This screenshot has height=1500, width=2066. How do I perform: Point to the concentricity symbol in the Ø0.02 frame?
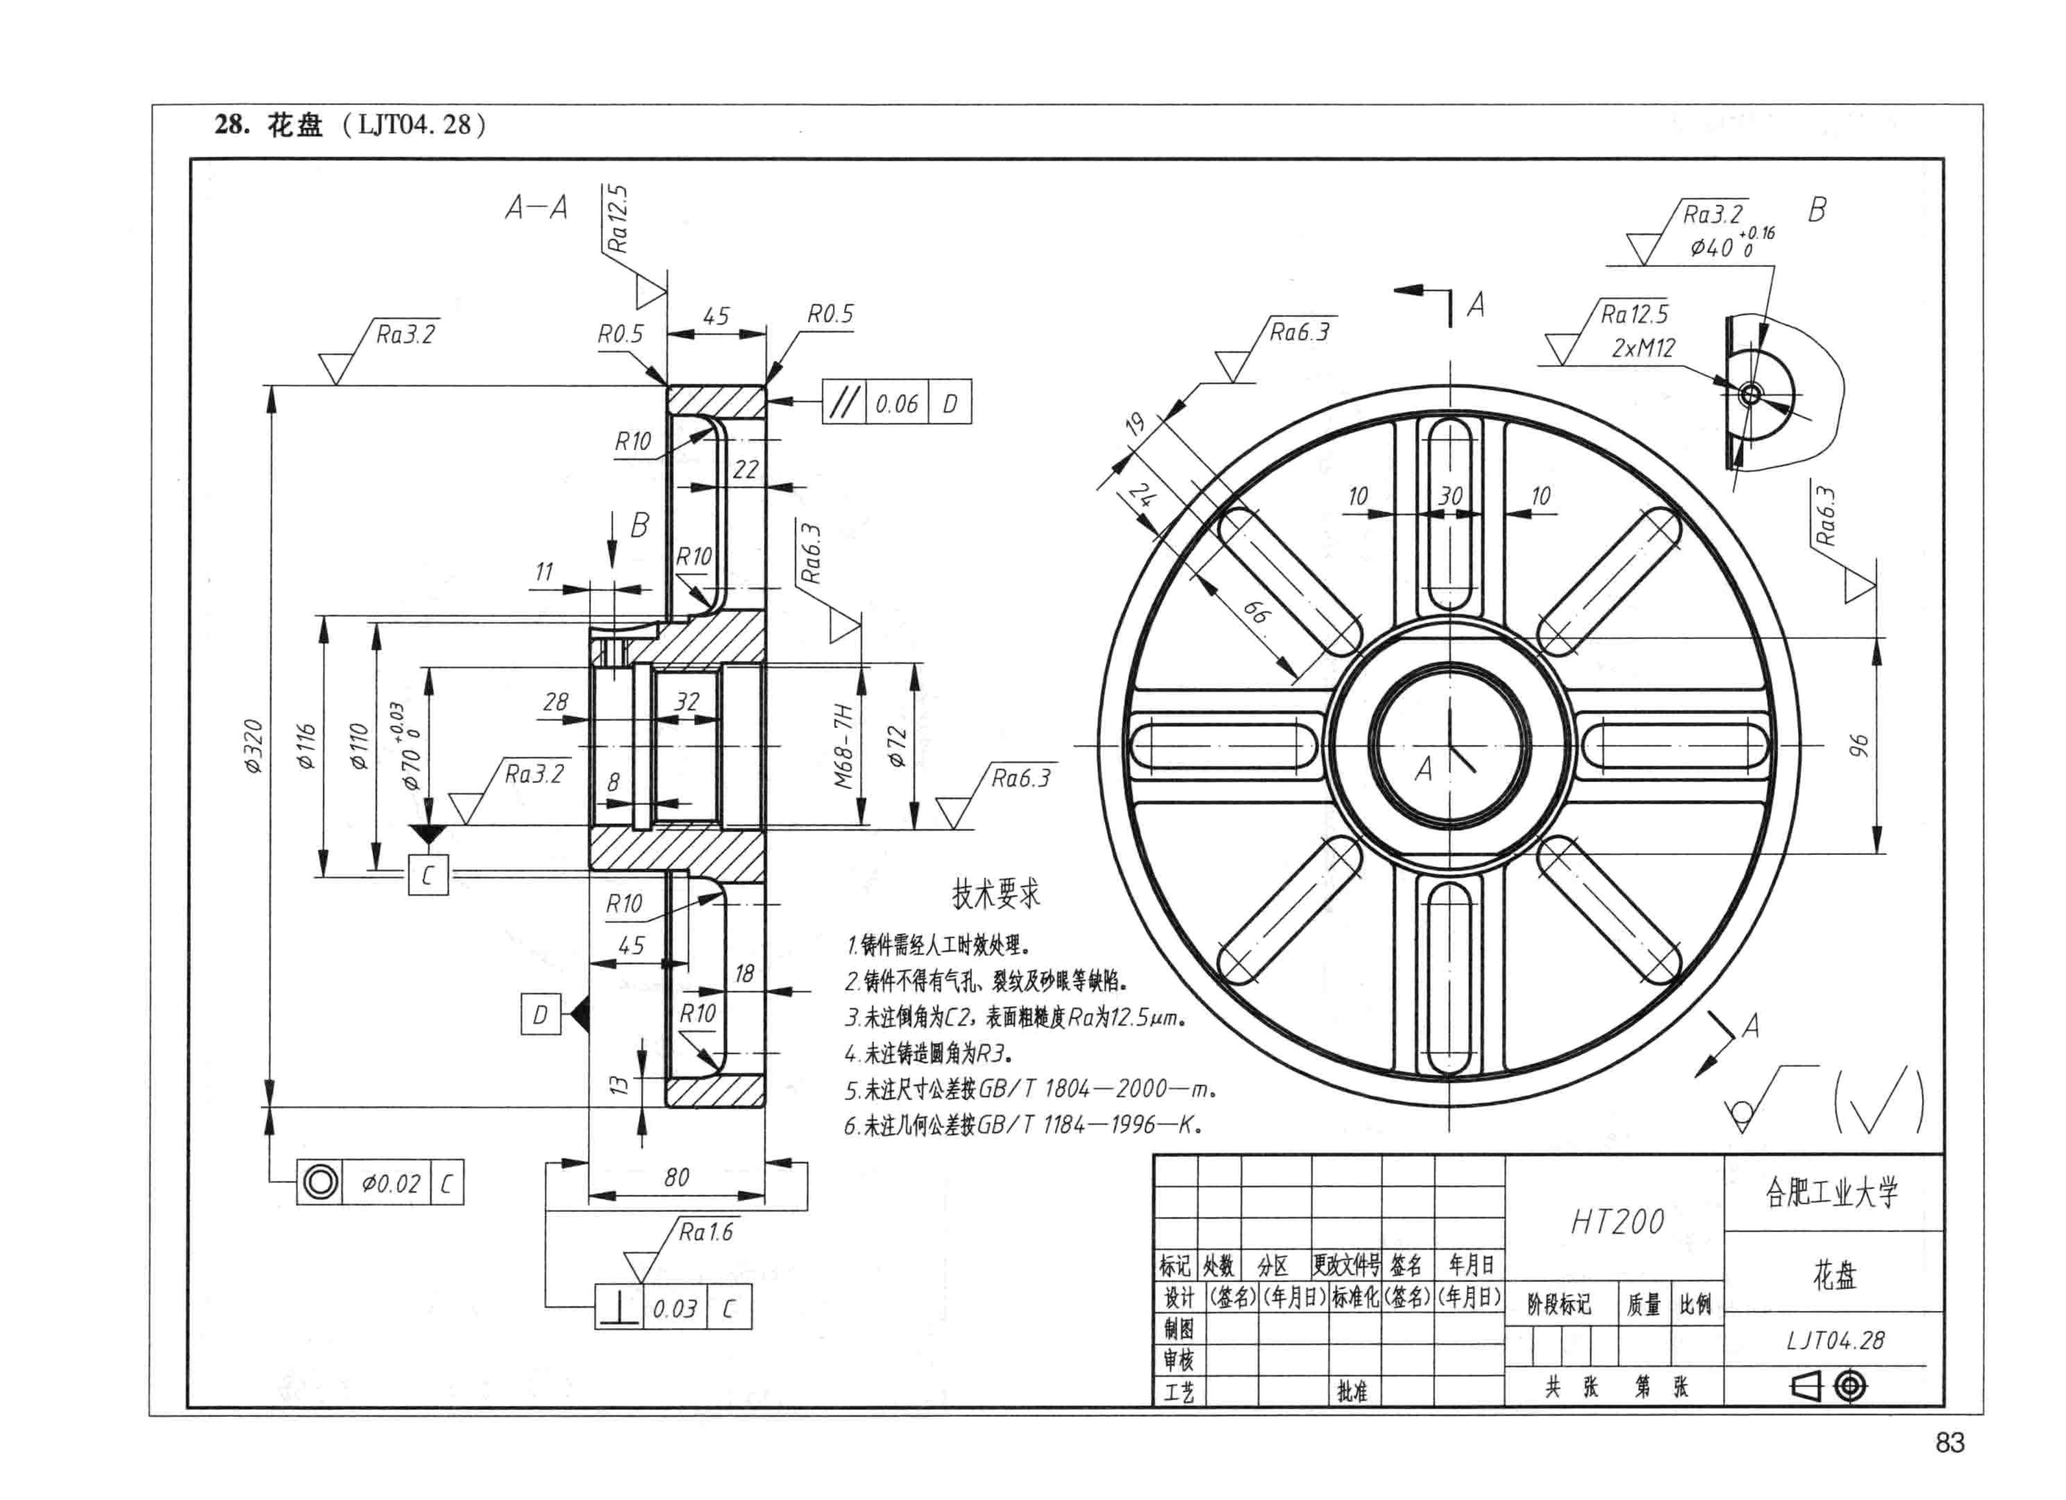click(320, 1183)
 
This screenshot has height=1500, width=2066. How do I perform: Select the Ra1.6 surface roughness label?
click(706, 1232)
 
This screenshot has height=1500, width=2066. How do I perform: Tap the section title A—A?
click(538, 209)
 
